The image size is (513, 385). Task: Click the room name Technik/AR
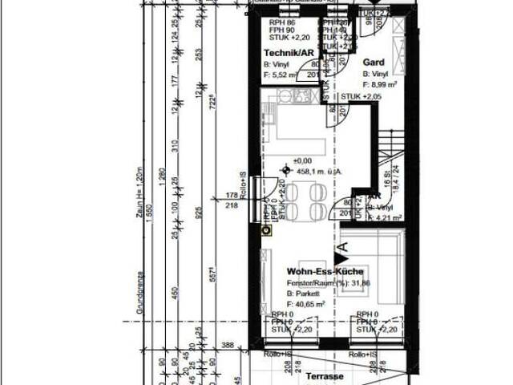pos(289,52)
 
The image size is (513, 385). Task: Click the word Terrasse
pos(325,375)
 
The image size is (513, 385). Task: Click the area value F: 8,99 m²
pos(381,83)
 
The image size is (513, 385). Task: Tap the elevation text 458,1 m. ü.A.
pos(320,170)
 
